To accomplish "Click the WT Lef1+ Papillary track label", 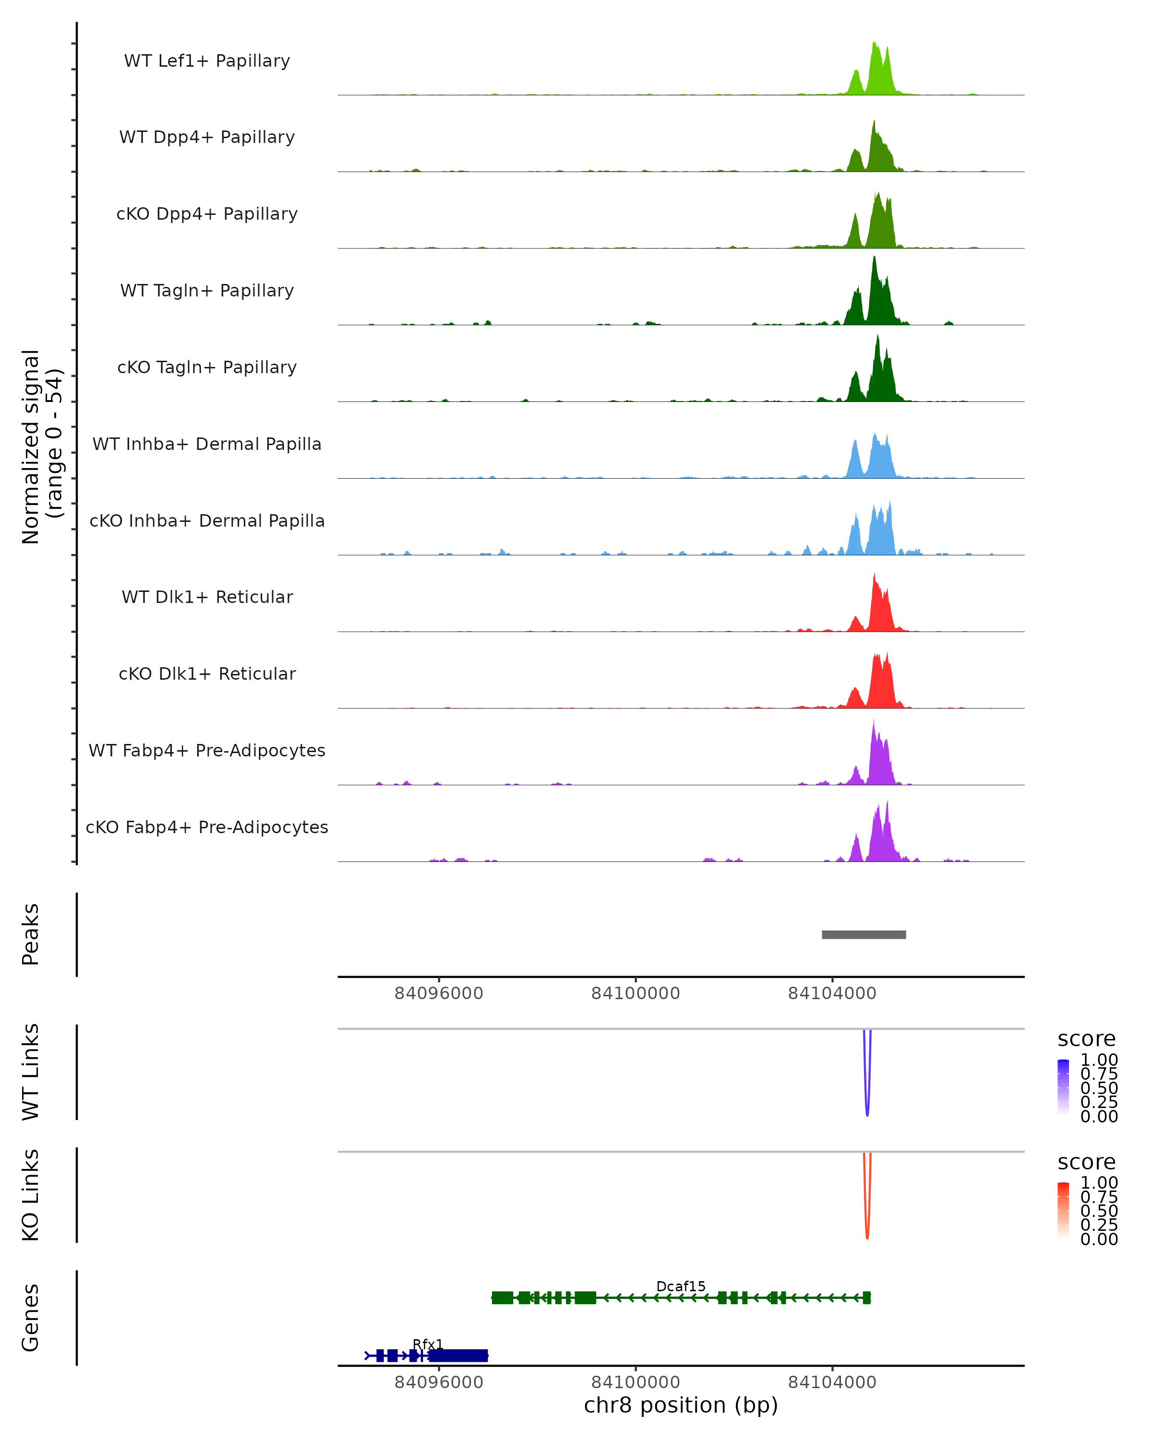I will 207,61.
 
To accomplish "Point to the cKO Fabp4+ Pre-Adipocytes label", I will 207,827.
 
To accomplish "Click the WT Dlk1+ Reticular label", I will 207,597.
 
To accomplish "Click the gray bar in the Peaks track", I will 864,934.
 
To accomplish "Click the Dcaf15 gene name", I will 681,1286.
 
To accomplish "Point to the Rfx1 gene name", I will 427,1344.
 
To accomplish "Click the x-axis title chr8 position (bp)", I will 681,1405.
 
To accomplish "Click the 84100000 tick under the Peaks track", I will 635,993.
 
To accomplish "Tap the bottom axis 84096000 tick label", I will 439,1382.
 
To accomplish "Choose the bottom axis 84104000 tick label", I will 832,1382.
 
